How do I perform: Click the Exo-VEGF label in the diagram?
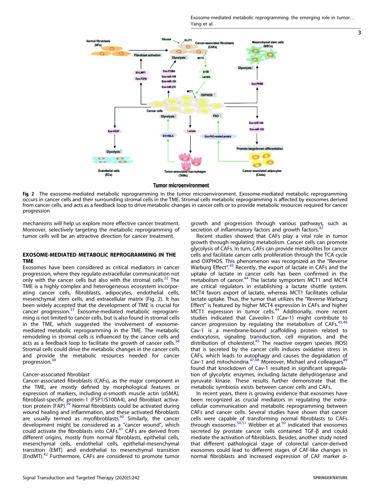(x=114, y=131)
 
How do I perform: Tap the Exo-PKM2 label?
(x=257, y=84)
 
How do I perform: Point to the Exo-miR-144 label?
(x=256, y=123)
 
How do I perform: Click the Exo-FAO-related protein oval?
(x=218, y=136)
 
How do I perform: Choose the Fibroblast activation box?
(x=147, y=55)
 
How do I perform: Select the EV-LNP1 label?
(x=141, y=72)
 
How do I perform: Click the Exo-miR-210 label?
(x=169, y=87)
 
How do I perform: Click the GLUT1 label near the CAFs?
(x=188, y=40)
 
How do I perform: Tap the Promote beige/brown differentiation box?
(x=260, y=148)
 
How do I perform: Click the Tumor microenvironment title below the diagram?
(x=175, y=185)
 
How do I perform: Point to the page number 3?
(x=359, y=32)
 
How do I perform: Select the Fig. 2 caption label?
(x=28, y=194)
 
